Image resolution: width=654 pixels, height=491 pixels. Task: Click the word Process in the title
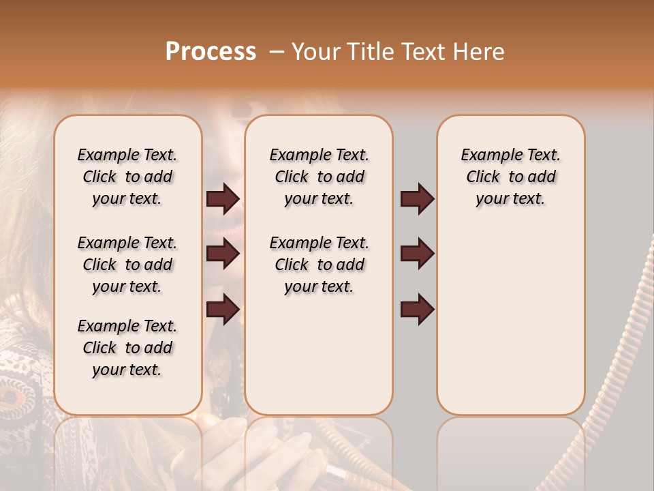(x=211, y=52)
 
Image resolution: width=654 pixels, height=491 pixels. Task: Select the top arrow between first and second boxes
(x=223, y=199)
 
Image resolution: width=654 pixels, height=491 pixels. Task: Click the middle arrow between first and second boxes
(x=223, y=254)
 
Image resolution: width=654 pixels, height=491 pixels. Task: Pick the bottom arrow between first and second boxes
(x=223, y=310)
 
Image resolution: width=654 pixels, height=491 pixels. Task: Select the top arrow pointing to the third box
(x=417, y=199)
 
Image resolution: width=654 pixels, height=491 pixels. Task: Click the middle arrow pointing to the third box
(x=417, y=254)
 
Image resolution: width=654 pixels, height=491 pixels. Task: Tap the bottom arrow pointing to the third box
(x=417, y=310)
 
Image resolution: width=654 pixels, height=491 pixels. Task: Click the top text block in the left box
(x=127, y=177)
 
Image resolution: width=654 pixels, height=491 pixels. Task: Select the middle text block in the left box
(x=127, y=265)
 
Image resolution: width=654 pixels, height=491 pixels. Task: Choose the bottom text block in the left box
(x=127, y=348)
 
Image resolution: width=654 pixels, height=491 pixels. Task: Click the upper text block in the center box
(x=319, y=177)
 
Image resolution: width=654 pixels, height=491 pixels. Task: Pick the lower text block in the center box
(x=319, y=265)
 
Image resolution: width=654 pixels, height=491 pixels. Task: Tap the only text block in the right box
(x=510, y=177)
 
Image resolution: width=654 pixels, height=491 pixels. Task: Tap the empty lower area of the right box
(x=510, y=327)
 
